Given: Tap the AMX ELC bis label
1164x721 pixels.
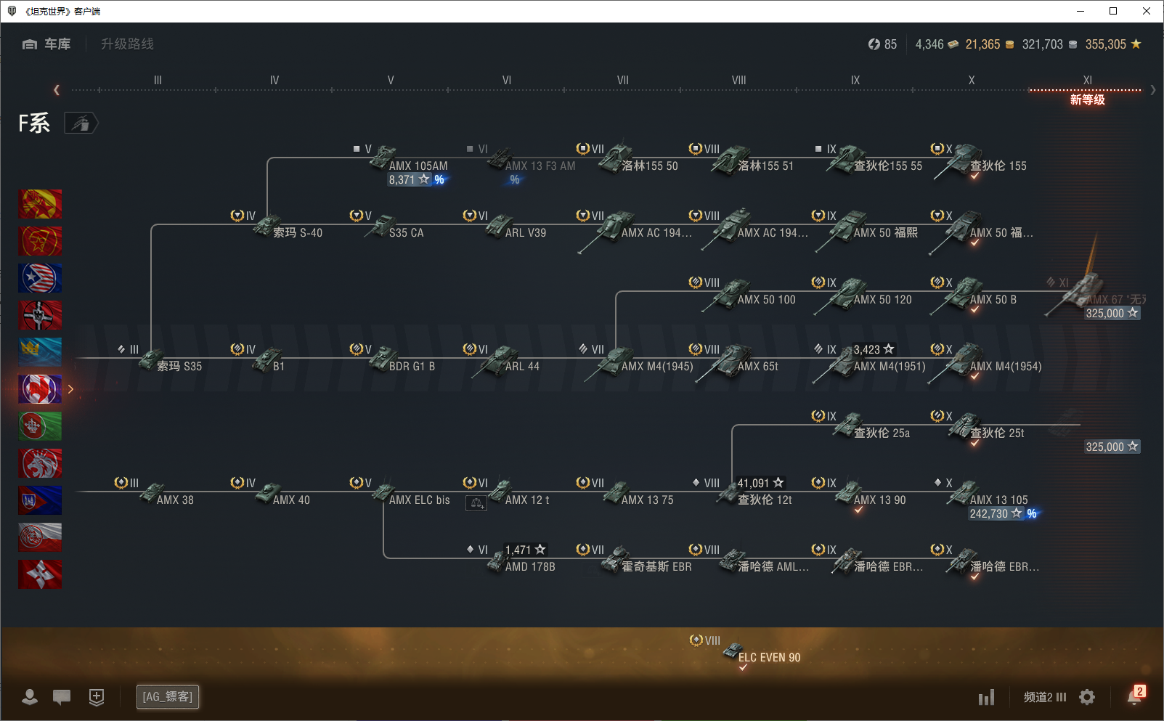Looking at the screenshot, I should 419,500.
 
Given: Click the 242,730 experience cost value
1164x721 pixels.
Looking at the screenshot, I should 988,514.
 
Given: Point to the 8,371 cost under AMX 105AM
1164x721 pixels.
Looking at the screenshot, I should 402,180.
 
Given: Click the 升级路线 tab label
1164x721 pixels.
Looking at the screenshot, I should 127,44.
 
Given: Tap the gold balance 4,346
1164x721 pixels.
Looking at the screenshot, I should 929,44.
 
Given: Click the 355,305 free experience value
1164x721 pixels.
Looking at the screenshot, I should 1105,44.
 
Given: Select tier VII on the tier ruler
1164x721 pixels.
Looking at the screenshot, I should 622,81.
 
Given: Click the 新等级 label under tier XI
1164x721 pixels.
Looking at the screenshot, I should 1087,100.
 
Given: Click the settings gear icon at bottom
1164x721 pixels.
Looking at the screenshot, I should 1087,697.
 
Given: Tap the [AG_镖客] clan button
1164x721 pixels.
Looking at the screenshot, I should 168,697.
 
